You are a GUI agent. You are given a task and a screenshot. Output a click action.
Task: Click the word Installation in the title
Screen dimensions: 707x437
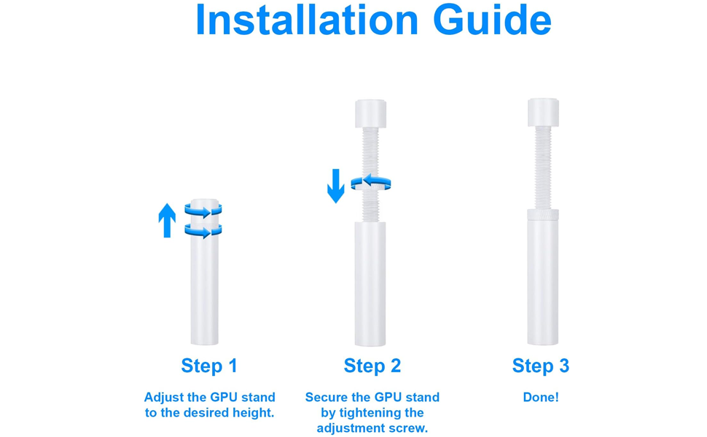(307, 20)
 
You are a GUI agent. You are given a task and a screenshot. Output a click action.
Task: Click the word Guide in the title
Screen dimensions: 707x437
(492, 20)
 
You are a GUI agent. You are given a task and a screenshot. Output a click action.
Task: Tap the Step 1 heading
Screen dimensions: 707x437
(208, 366)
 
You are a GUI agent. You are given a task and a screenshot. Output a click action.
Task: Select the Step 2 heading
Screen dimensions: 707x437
(372, 366)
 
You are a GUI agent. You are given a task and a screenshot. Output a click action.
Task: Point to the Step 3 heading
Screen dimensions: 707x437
(540, 366)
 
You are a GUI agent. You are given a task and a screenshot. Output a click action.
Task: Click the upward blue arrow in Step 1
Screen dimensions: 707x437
(167, 220)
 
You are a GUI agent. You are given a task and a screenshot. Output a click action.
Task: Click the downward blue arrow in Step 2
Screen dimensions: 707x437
(335, 186)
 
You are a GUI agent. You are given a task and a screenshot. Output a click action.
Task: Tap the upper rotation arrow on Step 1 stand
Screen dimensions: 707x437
(203, 210)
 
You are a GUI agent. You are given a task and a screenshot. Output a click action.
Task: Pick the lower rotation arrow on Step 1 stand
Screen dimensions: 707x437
(203, 231)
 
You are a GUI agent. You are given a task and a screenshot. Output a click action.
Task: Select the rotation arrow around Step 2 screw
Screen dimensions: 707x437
(371, 182)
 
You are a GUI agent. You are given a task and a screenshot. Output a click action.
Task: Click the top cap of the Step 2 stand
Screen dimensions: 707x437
(371, 114)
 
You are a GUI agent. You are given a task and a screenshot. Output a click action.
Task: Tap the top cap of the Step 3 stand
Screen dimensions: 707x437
(543, 112)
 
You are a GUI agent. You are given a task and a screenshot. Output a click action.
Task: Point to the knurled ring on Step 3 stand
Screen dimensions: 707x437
(543, 214)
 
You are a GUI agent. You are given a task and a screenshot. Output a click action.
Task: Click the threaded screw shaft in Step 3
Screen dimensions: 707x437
(543, 168)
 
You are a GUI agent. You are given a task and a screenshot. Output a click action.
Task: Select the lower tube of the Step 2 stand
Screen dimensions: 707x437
(370, 284)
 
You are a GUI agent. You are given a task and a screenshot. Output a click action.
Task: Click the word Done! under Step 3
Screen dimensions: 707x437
(541, 398)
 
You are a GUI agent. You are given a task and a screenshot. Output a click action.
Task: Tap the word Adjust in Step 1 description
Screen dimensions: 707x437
(164, 398)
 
